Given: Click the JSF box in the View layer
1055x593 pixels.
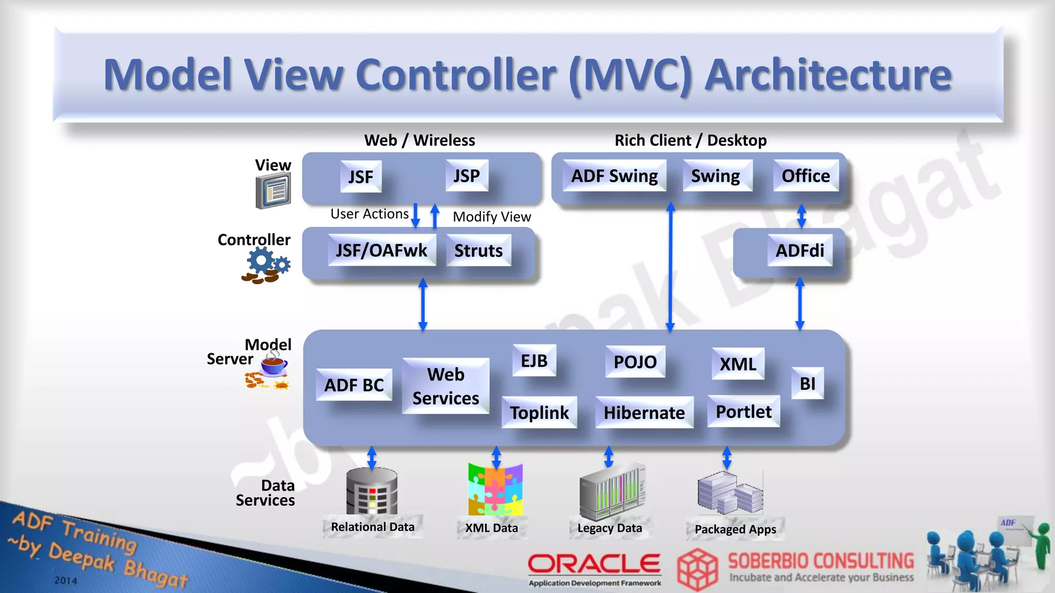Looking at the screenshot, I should pyautogui.click(x=361, y=177).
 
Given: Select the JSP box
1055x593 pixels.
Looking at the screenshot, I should pyautogui.click(x=466, y=176).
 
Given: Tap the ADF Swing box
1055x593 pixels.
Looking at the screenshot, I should pyautogui.click(x=614, y=176).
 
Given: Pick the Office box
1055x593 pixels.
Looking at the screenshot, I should pyautogui.click(x=806, y=176).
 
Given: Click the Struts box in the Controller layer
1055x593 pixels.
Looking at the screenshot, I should pyautogui.click(x=478, y=251).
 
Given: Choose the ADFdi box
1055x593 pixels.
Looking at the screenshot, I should pyautogui.click(x=799, y=251).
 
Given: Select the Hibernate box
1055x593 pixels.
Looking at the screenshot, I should pyautogui.click(x=644, y=412).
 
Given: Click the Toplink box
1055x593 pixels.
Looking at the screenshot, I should pyautogui.click(x=539, y=412).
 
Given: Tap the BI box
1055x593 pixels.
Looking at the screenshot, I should pyautogui.click(x=807, y=383).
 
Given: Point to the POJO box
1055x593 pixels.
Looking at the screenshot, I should pyautogui.click(x=635, y=362).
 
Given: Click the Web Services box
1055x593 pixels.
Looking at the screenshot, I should pyautogui.click(x=446, y=386).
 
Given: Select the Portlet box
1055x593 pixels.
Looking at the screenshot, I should pyautogui.click(x=743, y=411).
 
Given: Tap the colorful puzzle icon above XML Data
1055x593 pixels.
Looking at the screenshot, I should pyautogui.click(x=495, y=490).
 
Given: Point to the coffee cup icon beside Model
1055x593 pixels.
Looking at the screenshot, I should pyautogui.click(x=273, y=364).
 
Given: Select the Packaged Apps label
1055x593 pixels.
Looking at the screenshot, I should pyautogui.click(x=735, y=529).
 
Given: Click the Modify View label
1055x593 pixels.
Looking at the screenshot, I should pyautogui.click(x=491, y=217).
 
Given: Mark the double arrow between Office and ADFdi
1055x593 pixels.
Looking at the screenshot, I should pyautogui.click(x=801, y=216).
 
